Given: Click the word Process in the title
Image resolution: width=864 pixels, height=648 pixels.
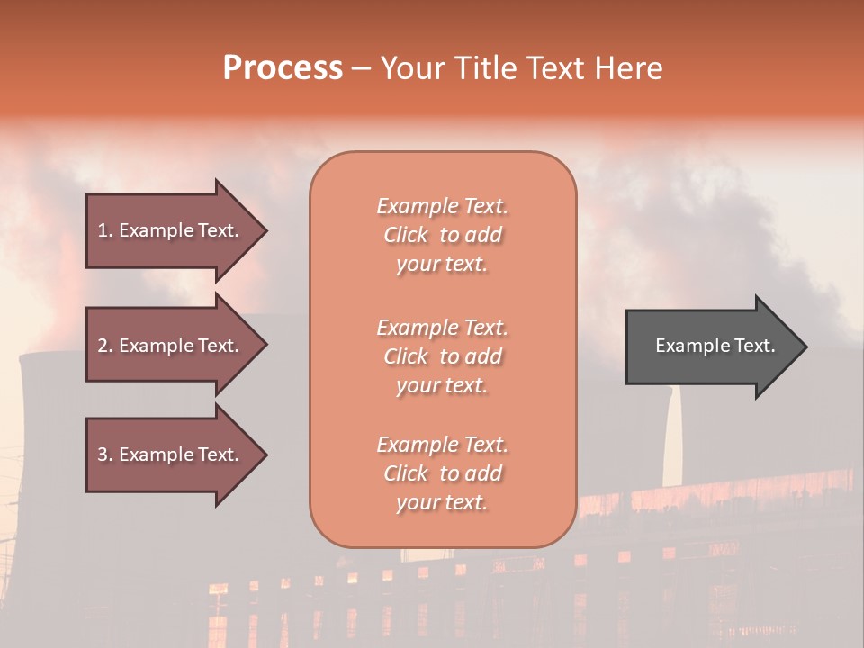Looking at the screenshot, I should [283, 68].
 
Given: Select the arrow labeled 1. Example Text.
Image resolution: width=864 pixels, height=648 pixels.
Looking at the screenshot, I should [171, 230].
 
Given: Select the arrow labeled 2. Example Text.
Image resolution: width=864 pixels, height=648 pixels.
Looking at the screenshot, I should [171, 346].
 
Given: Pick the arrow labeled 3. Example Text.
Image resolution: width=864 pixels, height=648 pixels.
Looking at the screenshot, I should [171, 454].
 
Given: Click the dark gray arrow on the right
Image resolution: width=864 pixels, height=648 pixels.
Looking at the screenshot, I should [711, 346].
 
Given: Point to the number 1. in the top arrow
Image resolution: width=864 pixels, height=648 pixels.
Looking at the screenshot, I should [104, 230].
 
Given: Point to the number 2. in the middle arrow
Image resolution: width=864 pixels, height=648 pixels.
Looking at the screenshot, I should [104, 346].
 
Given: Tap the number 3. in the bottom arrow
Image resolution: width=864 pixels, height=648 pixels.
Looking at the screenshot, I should [104, 454].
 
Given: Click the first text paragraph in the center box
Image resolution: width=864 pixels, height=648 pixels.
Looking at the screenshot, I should [442, 235].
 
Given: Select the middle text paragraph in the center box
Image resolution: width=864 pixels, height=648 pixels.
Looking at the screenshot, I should [442, 356].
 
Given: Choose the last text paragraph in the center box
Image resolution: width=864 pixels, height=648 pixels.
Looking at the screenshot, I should [442, 473].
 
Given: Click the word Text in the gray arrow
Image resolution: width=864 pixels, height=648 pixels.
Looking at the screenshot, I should [755, 346].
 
